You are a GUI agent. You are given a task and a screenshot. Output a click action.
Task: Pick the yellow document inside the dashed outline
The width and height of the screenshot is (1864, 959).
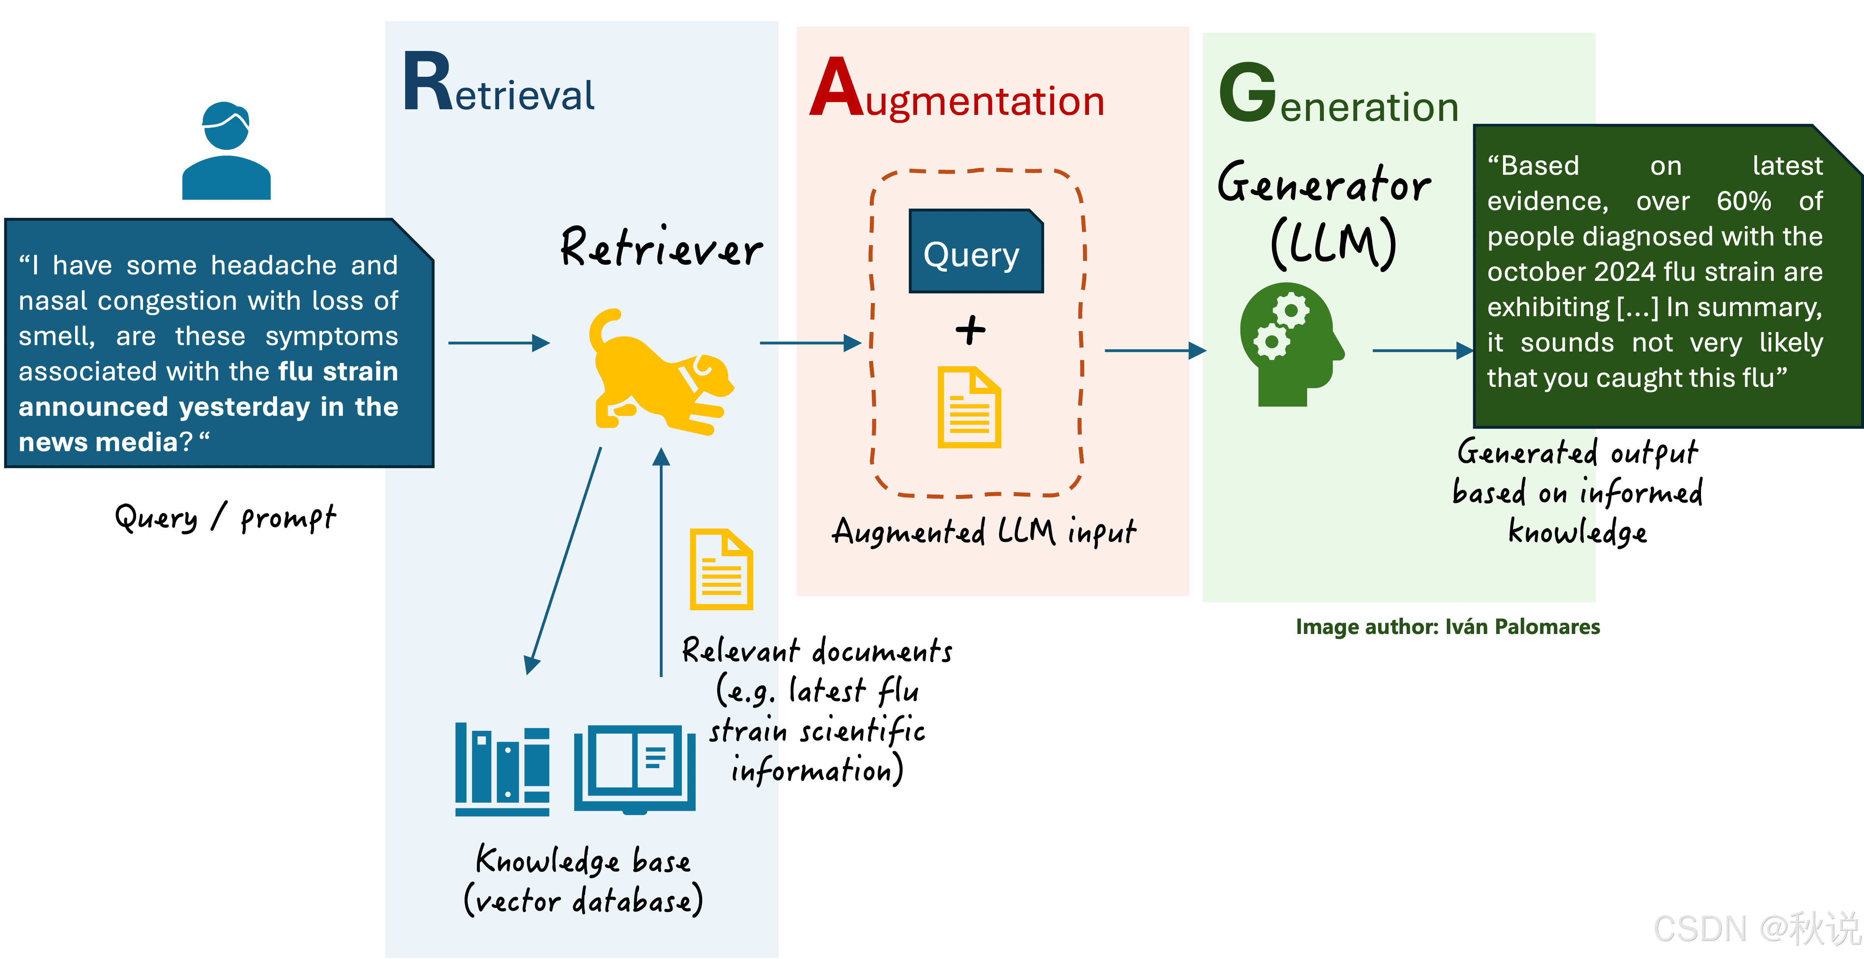[969, 407]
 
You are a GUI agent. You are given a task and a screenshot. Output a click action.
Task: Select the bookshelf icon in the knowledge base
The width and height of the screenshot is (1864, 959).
[502, 769]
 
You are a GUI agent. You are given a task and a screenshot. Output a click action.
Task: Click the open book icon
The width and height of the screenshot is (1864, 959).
[634, 769]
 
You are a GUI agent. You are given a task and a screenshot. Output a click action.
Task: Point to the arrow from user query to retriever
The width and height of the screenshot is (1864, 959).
[499, 343]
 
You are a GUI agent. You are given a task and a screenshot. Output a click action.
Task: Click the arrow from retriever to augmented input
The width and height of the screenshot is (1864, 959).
[810, 343]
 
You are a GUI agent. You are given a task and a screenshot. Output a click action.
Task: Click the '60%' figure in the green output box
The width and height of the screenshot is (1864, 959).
[1744, 201]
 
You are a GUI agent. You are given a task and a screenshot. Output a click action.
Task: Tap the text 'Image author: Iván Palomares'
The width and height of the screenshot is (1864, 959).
[1448, 627]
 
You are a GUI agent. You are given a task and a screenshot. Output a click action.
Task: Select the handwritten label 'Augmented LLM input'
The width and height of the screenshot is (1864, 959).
[984, 532]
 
